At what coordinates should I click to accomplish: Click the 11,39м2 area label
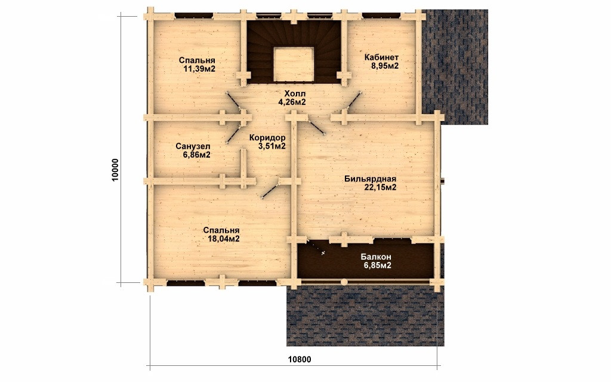coord(199,69)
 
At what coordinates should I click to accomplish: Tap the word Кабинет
coord(381,57)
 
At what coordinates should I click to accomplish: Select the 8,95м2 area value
coord(385,66)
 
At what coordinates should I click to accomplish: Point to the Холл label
coord(295,94)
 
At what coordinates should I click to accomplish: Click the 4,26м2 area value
coord(292,102)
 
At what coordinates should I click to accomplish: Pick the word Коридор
coord(267,138)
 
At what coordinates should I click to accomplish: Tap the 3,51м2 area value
coord(272,146)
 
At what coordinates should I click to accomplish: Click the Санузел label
coord(193,146)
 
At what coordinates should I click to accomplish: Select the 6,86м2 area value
coord(197,155)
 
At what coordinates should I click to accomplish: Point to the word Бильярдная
coord(370,179)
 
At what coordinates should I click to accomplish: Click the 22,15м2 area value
coord(380,187)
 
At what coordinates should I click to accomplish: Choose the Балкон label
coord(376,257)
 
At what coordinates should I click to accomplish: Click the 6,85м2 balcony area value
coord(378,266)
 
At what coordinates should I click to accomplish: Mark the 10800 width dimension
coord(300,359)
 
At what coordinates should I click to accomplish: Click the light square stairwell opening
coord(294,64)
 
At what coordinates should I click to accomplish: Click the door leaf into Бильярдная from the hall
coord(316,125)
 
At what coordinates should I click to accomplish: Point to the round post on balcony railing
coord(344,282)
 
